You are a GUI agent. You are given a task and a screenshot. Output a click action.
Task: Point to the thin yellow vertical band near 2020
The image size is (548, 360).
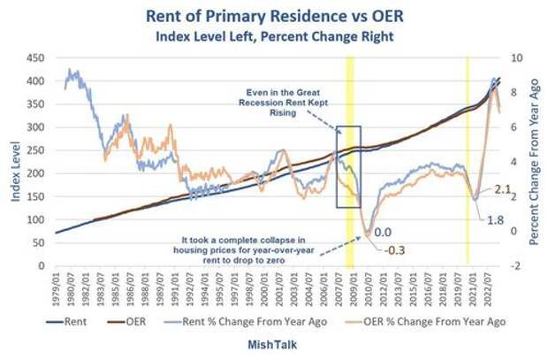467,159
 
